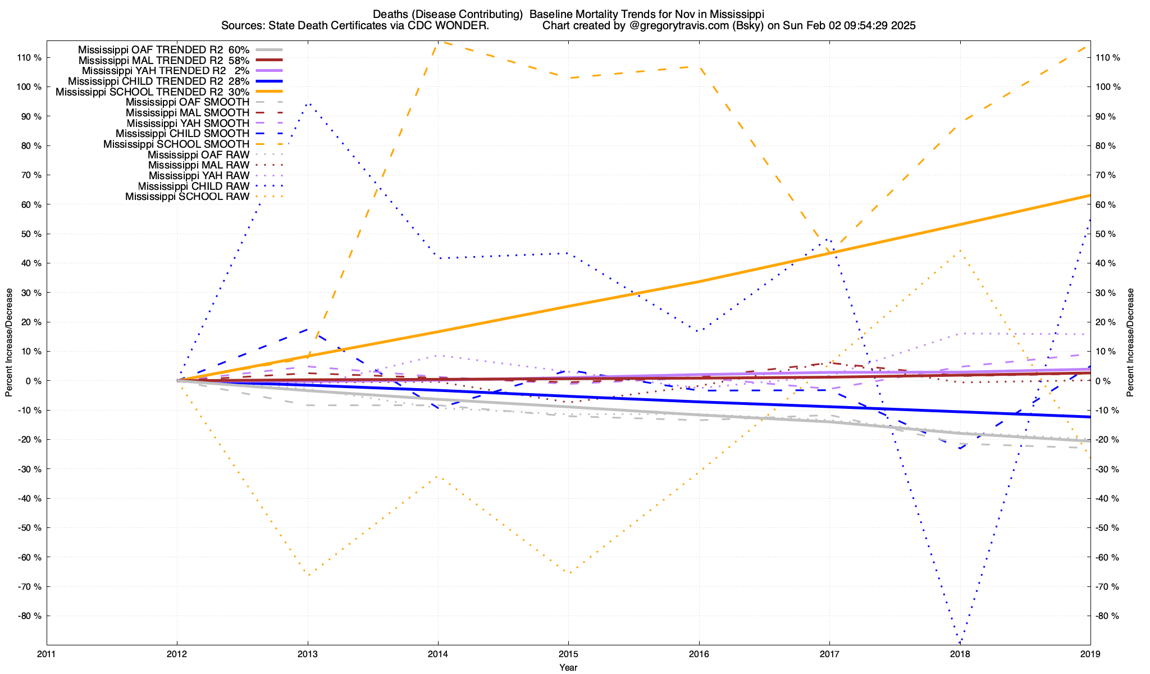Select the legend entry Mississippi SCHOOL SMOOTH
click(176, 144)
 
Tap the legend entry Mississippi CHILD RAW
click(194, 186)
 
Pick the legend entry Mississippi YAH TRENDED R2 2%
click(154, 71)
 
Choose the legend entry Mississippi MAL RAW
click(199, 165)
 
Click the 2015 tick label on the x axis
click(568, 654)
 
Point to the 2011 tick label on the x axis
click(47, 654)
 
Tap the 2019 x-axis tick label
click(1090, 654)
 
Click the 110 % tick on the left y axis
click(29, 58)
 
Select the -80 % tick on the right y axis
click(1107, 616)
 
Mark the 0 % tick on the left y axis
click(33, 381)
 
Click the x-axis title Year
click(568, 667)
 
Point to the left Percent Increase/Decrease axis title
click(9, 343)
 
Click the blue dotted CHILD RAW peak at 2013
click(308, 104)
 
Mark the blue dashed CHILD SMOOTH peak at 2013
click(307, 329)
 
